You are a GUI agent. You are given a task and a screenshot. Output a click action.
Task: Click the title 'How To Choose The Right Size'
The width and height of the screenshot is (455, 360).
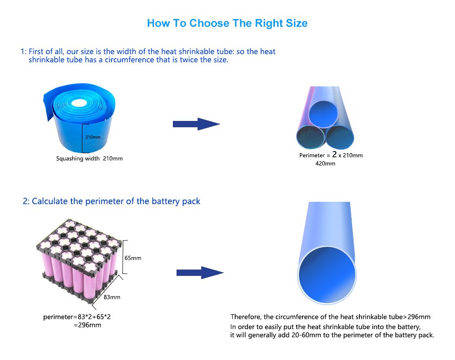click(227, 23)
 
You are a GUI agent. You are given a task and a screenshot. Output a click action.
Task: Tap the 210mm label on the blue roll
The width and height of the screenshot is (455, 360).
click(93, 137)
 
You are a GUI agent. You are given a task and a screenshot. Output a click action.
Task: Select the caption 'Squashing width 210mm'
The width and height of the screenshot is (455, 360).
click(89, 159)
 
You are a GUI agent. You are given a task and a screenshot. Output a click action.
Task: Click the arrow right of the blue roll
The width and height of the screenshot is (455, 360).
click(196, 124)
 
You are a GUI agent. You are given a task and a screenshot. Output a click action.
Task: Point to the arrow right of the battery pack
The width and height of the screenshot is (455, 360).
click(200, 273)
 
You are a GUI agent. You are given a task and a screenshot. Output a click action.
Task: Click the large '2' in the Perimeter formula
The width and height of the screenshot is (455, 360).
click(334, 154)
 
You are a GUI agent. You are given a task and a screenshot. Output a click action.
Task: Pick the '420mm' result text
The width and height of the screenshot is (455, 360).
click(325, 164)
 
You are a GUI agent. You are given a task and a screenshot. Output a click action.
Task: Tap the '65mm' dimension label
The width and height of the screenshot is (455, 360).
click(133, 258)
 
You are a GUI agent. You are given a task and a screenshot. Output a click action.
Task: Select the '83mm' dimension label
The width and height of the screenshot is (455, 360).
click(112, 297)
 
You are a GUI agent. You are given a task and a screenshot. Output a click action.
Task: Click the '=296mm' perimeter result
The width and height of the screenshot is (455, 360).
click(87, 325)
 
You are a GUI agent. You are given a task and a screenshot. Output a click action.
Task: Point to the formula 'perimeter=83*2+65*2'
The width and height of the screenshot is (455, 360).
click(77, 317)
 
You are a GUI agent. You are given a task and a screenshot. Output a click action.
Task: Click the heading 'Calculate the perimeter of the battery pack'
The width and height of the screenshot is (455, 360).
click(116, 201)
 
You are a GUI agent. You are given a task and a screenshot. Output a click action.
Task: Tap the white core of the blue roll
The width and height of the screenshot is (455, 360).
click(79, 103)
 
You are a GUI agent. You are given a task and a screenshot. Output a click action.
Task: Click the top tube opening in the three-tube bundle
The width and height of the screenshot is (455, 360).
click(324, 114)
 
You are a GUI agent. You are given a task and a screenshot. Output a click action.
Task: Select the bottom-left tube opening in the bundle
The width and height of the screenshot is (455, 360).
click(310, 137)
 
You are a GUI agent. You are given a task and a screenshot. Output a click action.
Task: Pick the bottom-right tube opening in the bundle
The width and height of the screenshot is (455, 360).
click(340, 137)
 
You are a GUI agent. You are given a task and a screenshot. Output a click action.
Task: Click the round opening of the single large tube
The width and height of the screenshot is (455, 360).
click(327, 275)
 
